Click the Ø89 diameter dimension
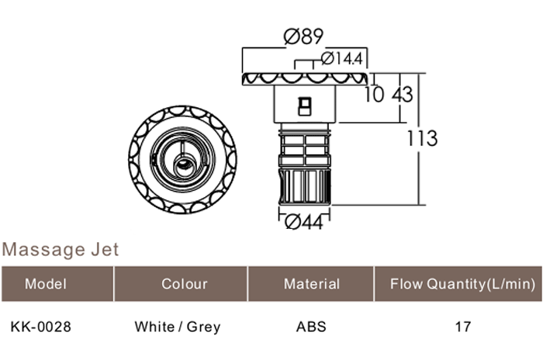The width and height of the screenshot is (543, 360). click(x=303, y=37)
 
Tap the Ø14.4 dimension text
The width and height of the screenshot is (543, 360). click(x=342, y=58)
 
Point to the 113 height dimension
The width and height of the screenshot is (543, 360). click(x=422, y=139)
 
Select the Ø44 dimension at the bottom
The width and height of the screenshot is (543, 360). click(x=303, y=223)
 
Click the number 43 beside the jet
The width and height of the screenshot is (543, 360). click(x=402, y=95)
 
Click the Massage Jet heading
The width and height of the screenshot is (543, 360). click(x=61, y=250)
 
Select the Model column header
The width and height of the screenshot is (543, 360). click(x=46, y=284)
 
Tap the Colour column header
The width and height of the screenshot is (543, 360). click(x=184, y=284)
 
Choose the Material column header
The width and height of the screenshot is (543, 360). click(x=311, y=284)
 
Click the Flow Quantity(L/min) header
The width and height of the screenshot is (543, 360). click(x=462, y=284)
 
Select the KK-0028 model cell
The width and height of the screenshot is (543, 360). click(x=41, y=327)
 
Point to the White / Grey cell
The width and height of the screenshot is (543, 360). click(x=178, y=327)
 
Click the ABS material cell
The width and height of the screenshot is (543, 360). click(x=311, y=327)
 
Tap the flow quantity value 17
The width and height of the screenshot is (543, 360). click(x=462, y=327)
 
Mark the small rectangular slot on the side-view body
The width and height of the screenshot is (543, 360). click(x=305, y=103)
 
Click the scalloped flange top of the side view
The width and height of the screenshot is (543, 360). click(x=306, y=79)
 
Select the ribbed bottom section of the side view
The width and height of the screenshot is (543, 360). click(x=306, y=187)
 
